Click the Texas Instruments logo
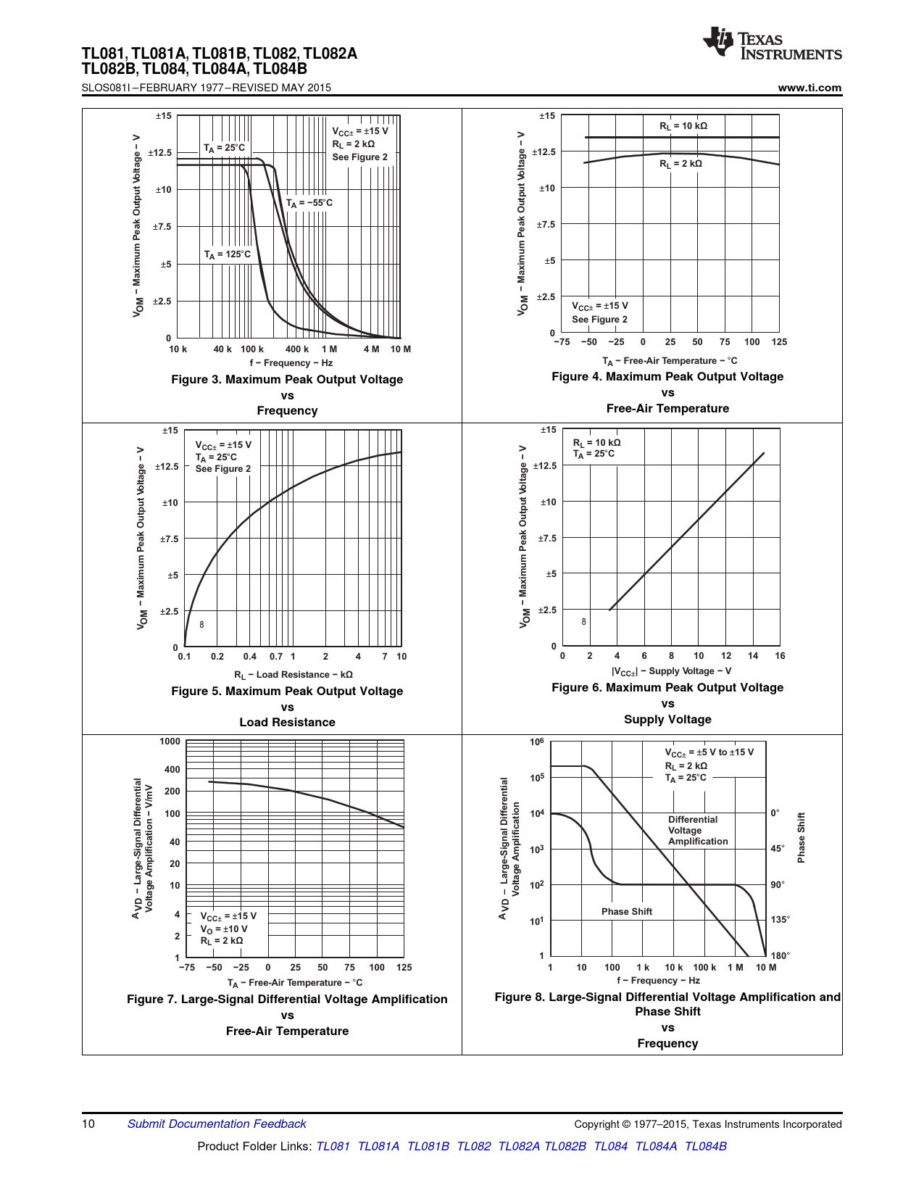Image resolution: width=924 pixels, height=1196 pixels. tap(771, 44)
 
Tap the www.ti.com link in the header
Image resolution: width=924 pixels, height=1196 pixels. tap(809, 88)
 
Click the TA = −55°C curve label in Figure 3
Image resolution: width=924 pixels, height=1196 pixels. tap(309, 203)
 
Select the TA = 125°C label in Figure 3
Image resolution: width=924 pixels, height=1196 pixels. tap(227, 254)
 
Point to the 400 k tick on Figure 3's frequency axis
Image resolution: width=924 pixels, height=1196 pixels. tap(297, 349)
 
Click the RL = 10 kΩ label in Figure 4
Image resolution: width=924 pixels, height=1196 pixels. tap(683, 126)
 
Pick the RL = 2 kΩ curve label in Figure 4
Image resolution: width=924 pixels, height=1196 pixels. tap(680, 164)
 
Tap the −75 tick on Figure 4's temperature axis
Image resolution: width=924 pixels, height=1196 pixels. tap(562, 342)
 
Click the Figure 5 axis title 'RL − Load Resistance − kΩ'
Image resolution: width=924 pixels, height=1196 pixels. tap(293, 675)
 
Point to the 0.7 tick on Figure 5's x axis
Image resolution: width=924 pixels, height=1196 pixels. tap(276, 657)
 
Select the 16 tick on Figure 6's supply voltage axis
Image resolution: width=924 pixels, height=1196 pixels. tap(780, 656)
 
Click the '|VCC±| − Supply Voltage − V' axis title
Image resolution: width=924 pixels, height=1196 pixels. tap(671, 671)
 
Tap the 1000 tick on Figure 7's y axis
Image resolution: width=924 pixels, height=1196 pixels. tap(170, 742)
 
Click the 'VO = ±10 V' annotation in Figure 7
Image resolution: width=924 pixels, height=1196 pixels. tap(224, 929)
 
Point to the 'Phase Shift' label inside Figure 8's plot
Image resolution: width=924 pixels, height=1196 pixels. tap(626, 912)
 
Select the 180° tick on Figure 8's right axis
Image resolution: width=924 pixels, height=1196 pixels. tap(781, 956)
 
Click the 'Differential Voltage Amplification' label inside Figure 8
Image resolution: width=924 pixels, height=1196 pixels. tap(697, 831)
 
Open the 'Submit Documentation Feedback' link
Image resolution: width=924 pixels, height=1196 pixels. tap(217, 1124)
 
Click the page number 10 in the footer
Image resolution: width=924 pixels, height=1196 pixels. tap(88, 1124)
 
